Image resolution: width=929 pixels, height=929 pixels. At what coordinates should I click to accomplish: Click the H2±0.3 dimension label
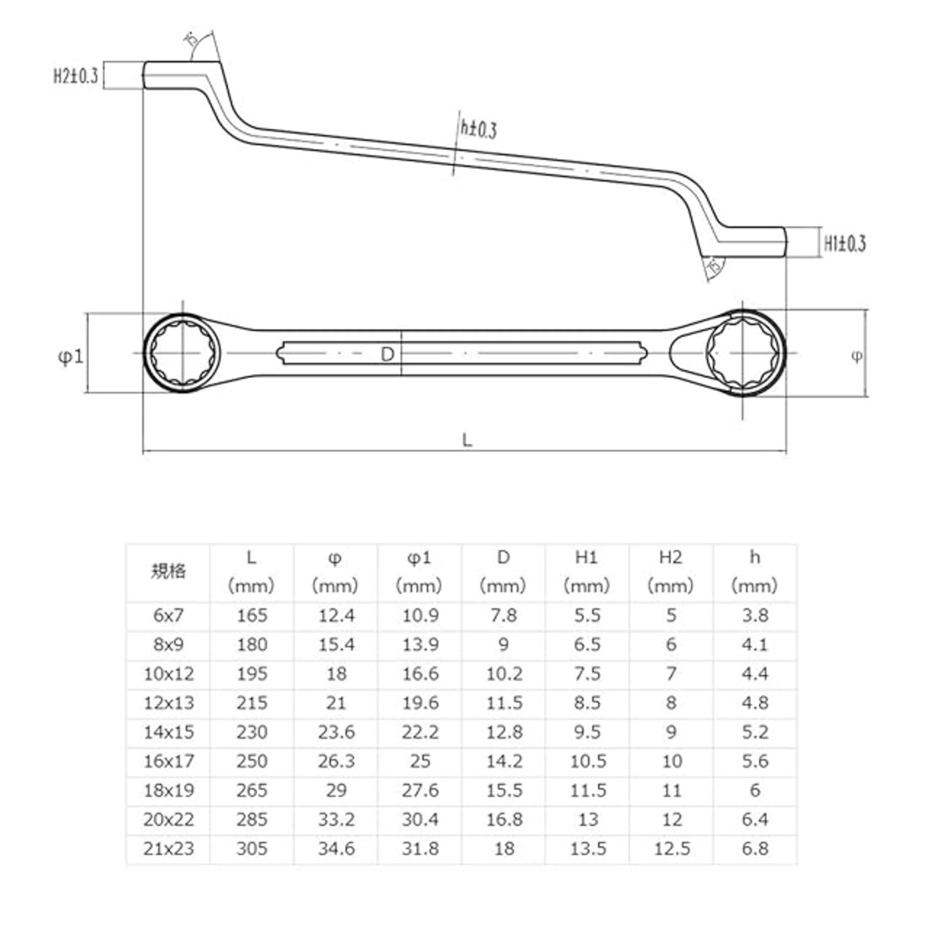[75, 75]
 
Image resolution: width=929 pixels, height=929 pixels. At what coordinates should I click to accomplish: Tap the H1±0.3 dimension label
[845, 243]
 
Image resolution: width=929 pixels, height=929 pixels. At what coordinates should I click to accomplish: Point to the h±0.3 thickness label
[478, 129]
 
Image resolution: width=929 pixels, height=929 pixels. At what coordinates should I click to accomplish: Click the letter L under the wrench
[467, 439]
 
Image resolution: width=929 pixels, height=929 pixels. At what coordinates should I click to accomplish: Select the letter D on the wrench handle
[388, 353]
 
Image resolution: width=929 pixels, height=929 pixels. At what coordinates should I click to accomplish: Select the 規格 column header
[168, 571]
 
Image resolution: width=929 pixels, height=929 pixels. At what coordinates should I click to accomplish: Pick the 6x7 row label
[168, 615]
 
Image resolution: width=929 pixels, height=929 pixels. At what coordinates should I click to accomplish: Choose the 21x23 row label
[168, 848]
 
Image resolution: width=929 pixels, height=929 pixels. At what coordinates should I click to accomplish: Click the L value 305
[252, 848]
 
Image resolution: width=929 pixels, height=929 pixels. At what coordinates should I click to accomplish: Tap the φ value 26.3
[336, 761]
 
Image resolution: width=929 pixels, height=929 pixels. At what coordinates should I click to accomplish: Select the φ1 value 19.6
[420, 703]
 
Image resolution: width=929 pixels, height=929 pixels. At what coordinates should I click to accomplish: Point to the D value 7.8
[504, 615]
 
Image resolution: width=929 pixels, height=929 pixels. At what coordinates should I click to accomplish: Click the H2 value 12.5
[671, 848]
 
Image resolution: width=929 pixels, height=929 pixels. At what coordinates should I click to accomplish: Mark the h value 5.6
[755, 761]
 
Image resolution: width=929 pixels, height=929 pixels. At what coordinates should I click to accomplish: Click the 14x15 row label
[168, 732]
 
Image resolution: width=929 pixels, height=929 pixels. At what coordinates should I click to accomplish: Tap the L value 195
[252, 674]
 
